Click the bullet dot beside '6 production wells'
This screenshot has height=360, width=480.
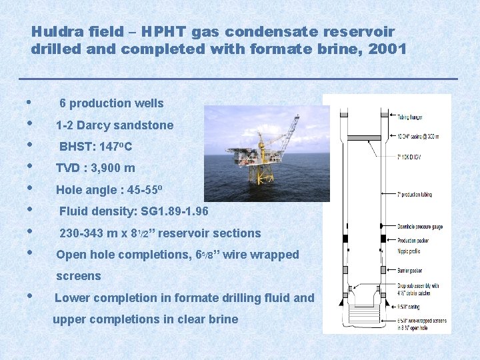[27, 103]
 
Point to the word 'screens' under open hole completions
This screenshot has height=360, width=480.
[79, 276]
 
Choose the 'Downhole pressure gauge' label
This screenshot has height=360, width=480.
[420, 227]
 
